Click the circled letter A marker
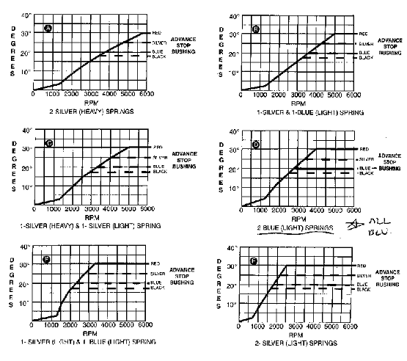point(48,28)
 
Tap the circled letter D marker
point(256,145)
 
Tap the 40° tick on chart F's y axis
point(235,248)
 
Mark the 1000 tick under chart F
point(254,327)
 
